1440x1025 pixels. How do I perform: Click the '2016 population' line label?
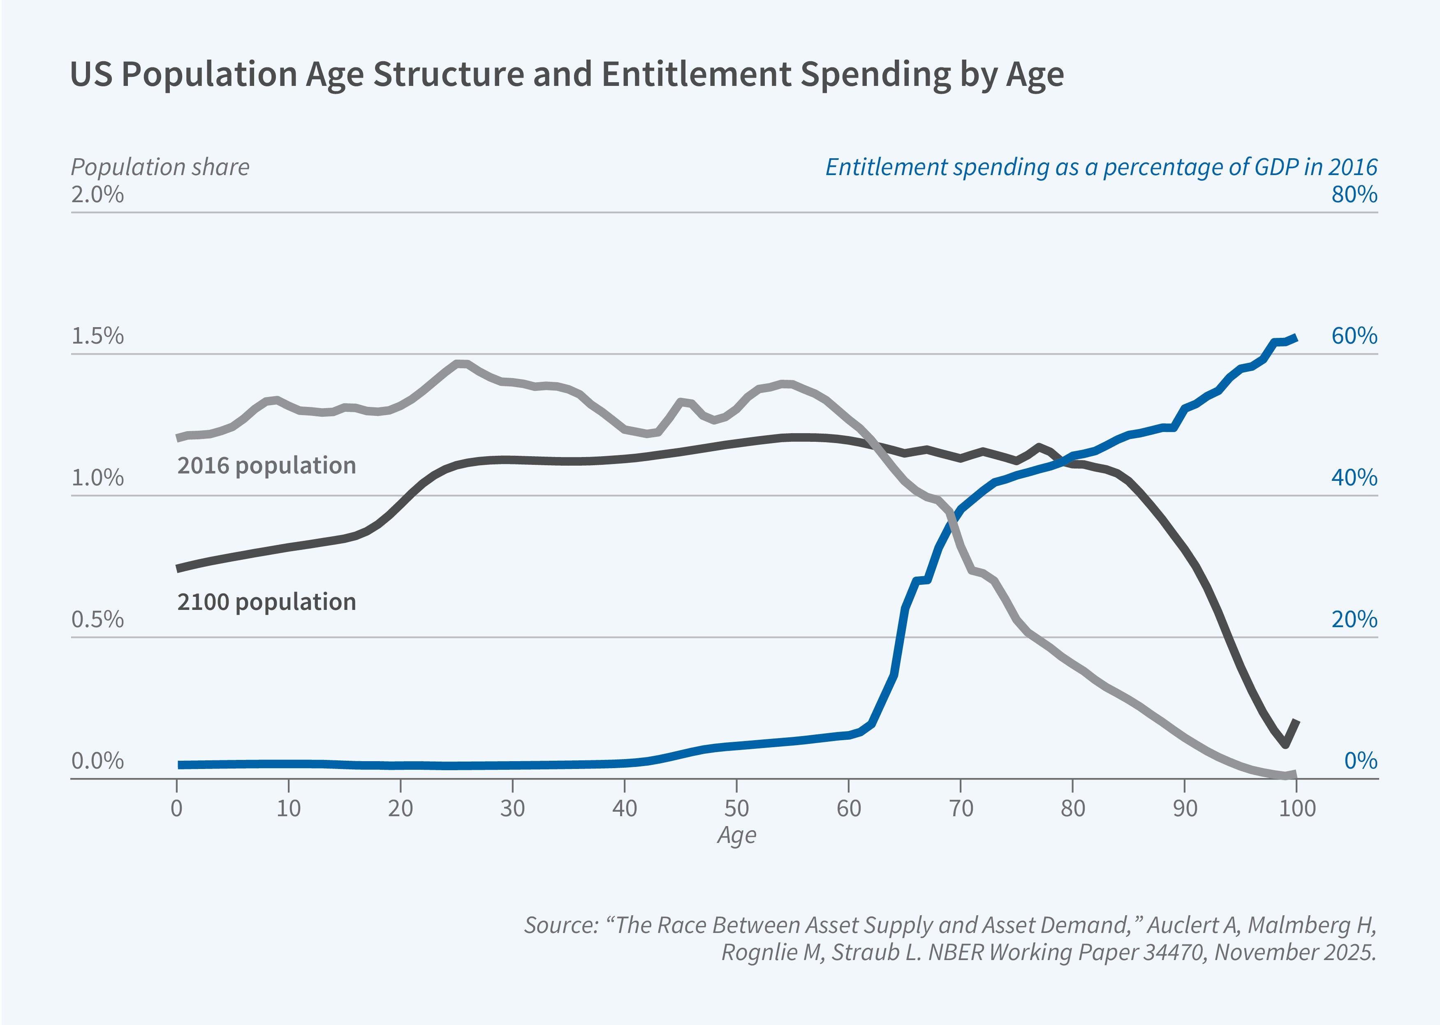pos(266,466)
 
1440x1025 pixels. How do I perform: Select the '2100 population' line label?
pos(266,602)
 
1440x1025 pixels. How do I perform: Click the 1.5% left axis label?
pos(97,336)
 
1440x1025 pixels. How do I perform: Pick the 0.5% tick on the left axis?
pos(97,619)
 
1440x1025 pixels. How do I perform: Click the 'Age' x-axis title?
pos(736,835)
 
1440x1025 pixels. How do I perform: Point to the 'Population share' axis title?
pos(160,167)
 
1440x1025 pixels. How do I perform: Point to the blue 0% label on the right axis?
pos(1361,761)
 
